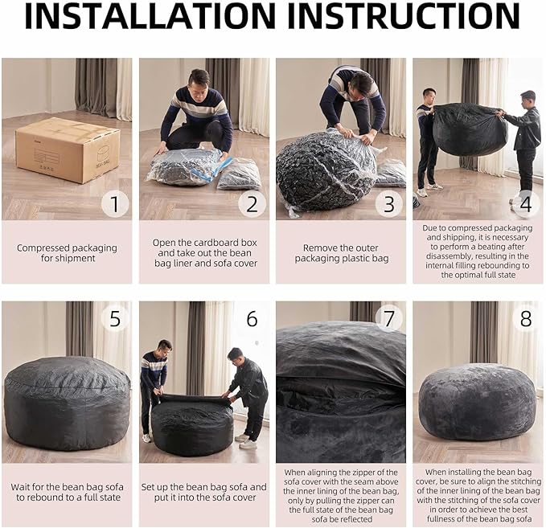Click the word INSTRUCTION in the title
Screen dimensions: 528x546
[404, 18]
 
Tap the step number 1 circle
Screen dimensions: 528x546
[114, 204]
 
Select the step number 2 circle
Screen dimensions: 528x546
[252, 204]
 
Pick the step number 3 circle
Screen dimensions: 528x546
[389, 204]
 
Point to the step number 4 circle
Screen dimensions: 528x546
[525, 204]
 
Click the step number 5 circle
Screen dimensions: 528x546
[114, 319]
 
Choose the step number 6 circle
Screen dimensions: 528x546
[252, 319]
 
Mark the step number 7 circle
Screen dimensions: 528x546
[389, 319]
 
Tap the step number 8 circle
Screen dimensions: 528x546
[525, 319]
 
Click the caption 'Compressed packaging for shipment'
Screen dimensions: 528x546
[66, 253]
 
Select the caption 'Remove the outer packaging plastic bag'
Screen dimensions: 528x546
[341, 253]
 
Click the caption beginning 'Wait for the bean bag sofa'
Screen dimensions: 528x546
[66, 493]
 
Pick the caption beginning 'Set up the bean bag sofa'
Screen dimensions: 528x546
[203, 493]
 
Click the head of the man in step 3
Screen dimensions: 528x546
[362, 83]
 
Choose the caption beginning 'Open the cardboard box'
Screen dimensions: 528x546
[203, 253]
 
